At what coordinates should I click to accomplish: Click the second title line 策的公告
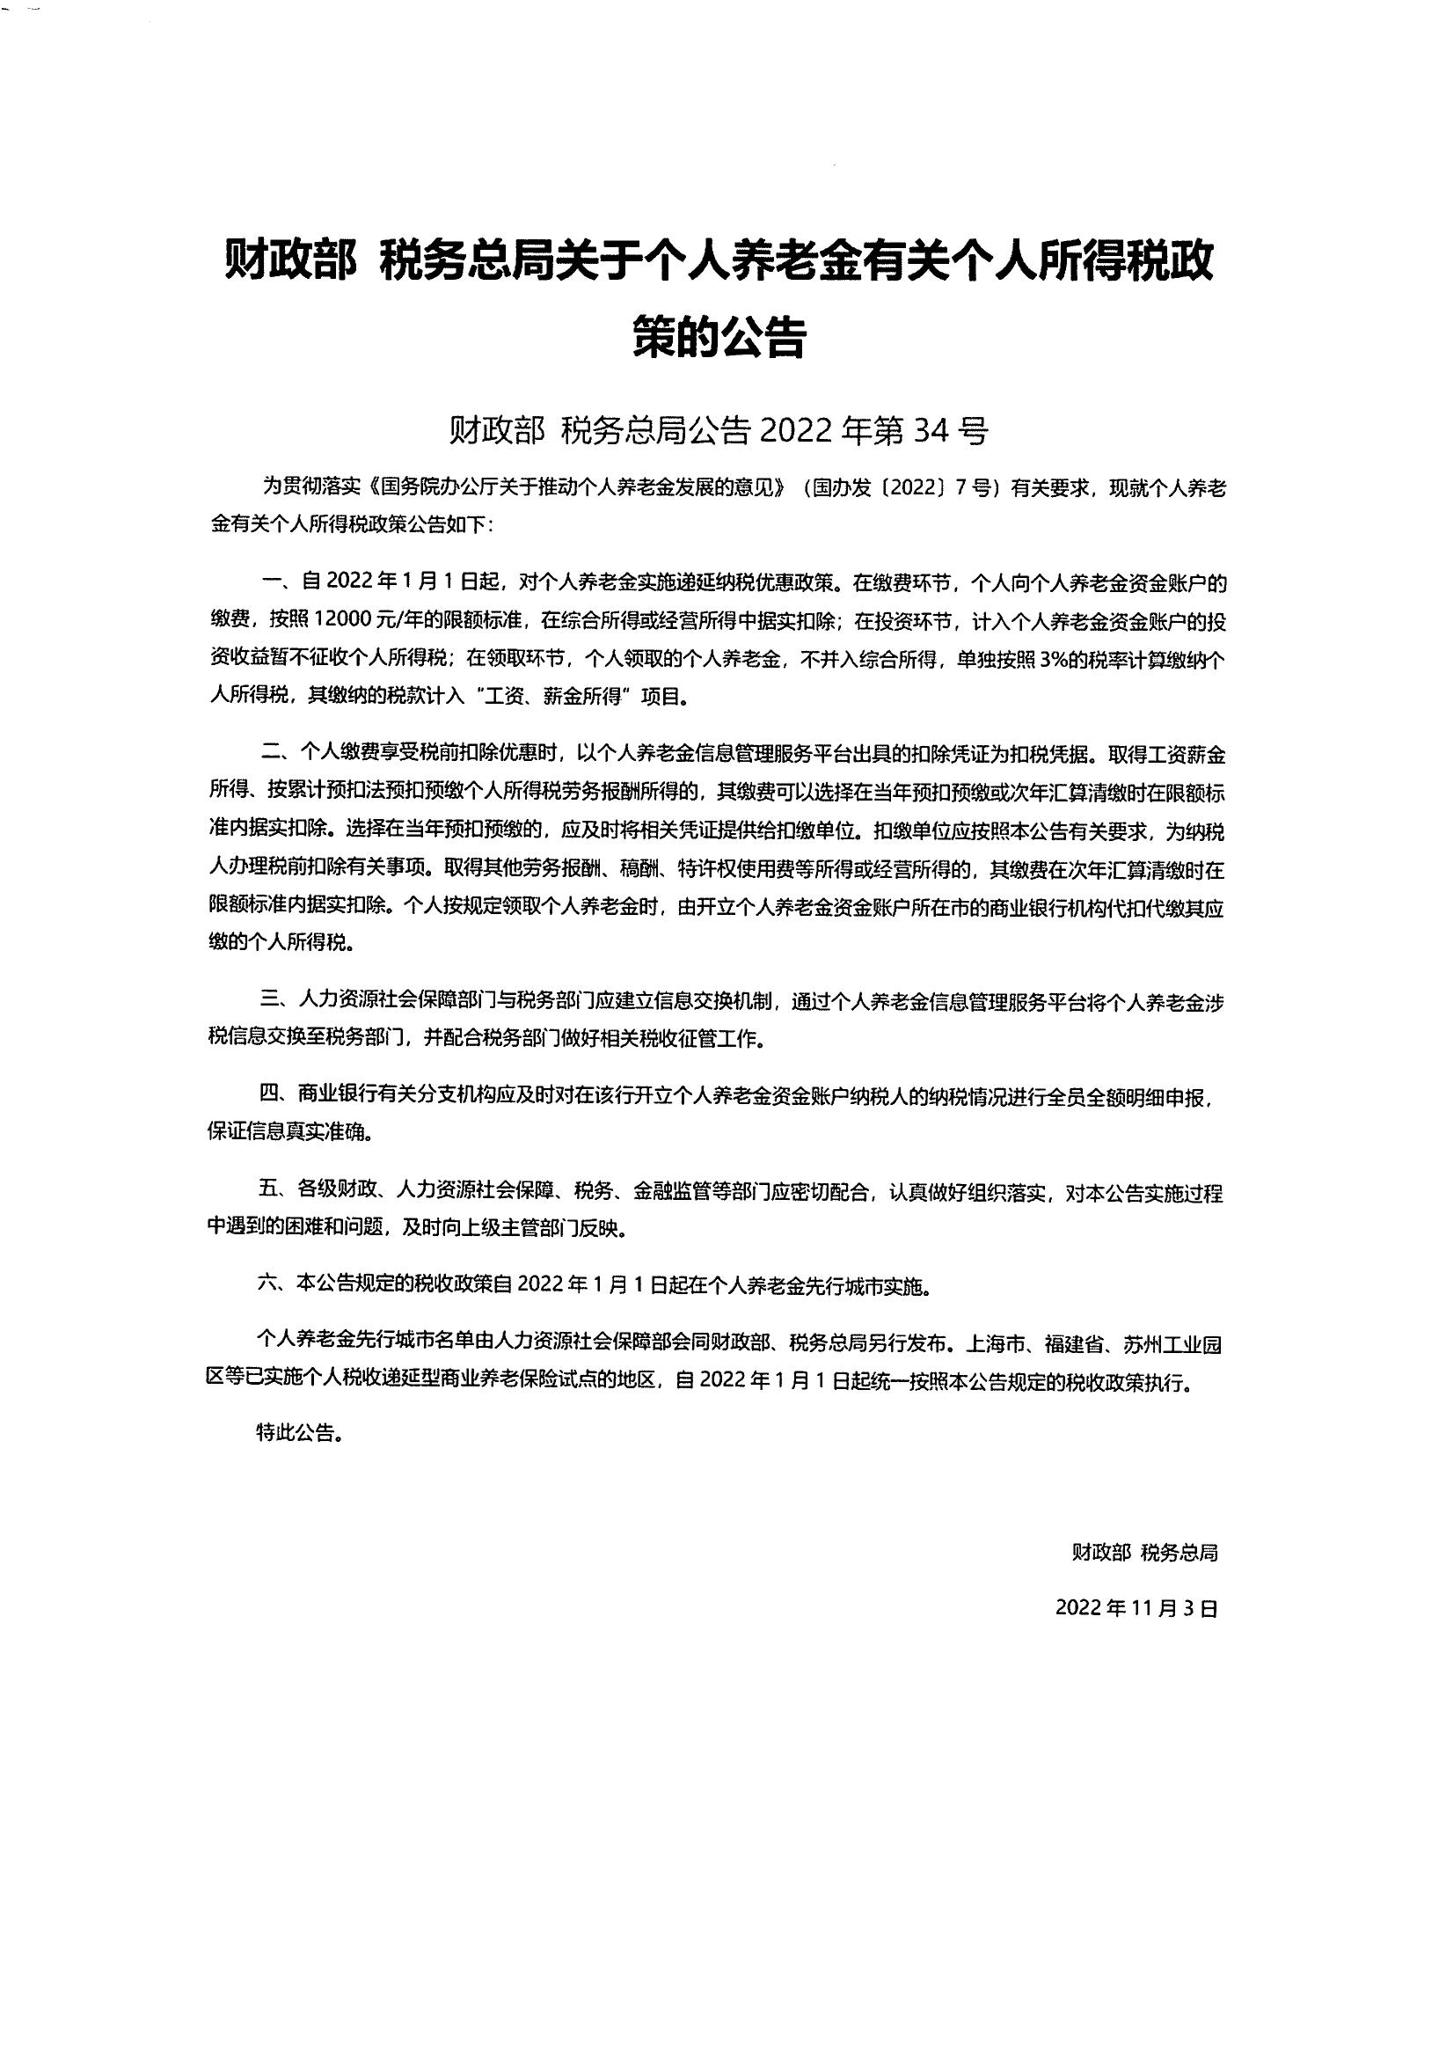pos(719,336)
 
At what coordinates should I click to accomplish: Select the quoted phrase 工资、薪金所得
pos(550,697)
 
